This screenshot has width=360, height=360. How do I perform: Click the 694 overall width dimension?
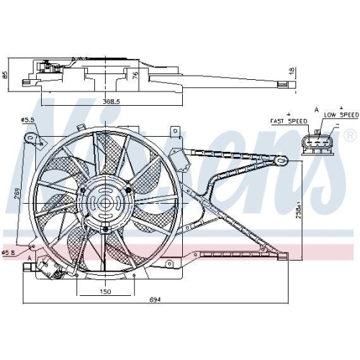coord(155,300)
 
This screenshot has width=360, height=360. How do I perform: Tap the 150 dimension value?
coord(105,292)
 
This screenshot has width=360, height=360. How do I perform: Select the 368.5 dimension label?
coord(111,102)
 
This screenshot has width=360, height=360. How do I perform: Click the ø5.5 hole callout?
coord(27,120)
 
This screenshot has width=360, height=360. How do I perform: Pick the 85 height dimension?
coord(4,75)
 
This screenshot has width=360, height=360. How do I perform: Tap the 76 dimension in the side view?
coord(135,75)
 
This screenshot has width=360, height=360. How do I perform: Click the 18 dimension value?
coord(291,71)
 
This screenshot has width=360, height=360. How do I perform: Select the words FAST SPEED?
coord(289,121)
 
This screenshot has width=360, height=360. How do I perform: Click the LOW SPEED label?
coord(341,115)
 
